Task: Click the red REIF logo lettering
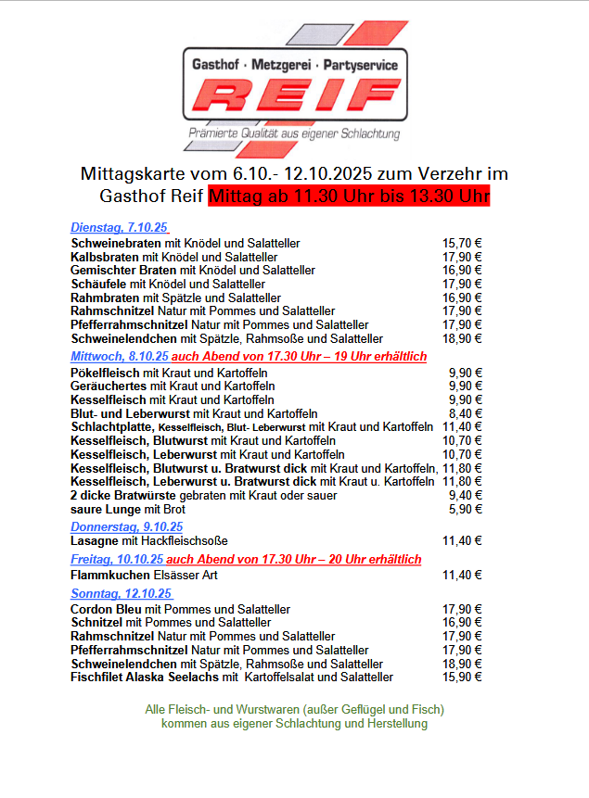coord(294,96)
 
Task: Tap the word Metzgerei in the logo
coord(280,65)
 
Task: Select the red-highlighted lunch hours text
coord(349,196)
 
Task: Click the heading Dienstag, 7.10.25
coord(120,228)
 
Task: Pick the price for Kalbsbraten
coord(462,257)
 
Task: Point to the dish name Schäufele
coord(98,284)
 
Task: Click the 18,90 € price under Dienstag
coord(462,338)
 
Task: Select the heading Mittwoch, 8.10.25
coord(120,356)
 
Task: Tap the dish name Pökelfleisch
coord(104,373)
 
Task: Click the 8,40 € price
coord(465,413)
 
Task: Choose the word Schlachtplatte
coord(112,427)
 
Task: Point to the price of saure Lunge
coord(465,510)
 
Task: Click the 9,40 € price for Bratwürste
coord(465,496)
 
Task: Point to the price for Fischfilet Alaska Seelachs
coord(462,678)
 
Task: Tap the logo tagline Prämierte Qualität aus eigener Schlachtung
coord(294,134)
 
